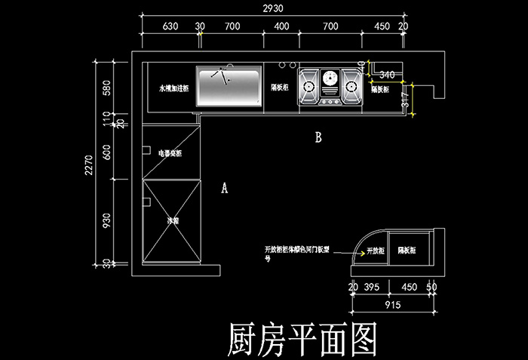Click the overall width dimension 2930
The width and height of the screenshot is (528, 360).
(x=273, y=8)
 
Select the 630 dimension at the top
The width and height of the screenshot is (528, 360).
(x=170, y=26)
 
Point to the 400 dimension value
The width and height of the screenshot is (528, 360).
(x=281, y=26)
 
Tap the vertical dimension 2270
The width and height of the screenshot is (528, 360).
(x=89, y=165)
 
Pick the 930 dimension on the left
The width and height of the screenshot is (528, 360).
(x=106, y=220)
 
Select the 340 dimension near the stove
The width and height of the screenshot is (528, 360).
(x=387, y=75)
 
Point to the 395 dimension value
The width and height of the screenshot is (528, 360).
(x=371, y=288)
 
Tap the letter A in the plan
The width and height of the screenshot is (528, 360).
(x=224, y=189)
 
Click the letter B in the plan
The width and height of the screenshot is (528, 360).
(x=318, y=138)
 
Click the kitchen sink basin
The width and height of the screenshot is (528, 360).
(x=229, y=88)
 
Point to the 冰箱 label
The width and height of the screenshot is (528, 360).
(x=173, y=222)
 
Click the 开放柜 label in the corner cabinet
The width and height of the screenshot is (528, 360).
(x=376, y=250)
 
